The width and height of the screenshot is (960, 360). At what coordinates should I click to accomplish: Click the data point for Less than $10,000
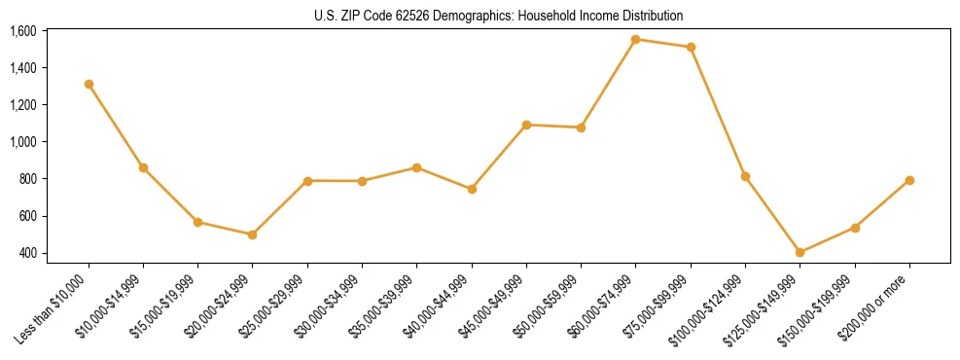(89, 84)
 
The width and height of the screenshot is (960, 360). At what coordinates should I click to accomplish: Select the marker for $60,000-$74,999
(635, 40)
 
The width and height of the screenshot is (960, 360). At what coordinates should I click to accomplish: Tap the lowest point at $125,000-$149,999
(800, 252)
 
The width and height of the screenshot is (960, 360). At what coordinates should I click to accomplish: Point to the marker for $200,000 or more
(909, 180)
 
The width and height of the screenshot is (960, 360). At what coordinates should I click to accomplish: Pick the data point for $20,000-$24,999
(253, 234)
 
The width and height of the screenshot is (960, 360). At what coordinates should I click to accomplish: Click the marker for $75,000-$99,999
(691, 47)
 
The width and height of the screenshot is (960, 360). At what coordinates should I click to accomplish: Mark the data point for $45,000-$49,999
(526, 125)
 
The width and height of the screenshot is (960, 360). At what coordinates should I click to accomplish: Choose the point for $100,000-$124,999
(745, 176)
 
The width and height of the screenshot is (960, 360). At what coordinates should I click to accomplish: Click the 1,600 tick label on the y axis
(23, 31)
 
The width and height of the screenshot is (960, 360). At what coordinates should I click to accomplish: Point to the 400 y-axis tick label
(28, 253)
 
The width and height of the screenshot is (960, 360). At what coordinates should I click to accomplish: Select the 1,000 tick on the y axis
(23, 142)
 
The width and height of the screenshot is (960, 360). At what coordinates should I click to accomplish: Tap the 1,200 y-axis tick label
(23, 105)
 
